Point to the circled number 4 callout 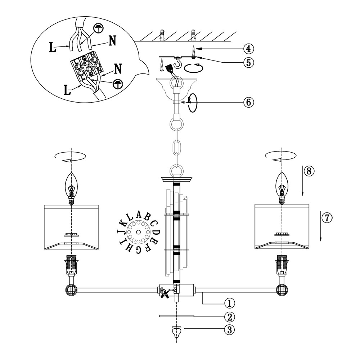(248, 48)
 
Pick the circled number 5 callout (248, 62)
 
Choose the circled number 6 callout (248, 102)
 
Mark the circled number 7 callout (327, 218)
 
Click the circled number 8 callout (309, 171)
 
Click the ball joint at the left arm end (71, 290)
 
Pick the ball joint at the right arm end (282, 290)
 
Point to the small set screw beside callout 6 (183, 102)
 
